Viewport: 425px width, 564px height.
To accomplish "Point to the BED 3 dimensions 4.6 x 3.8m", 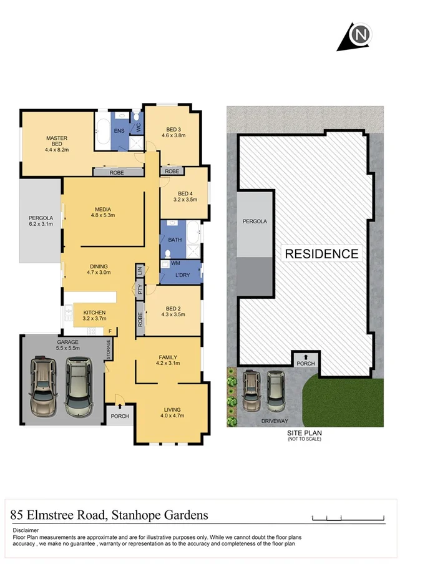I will click(174, 135).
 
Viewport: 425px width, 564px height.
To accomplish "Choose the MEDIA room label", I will click(103, 209).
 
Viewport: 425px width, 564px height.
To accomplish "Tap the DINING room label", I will click(99, 266).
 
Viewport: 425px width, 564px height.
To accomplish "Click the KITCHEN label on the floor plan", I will click(94, 313).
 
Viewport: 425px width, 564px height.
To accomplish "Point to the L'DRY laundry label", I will click(183, 275).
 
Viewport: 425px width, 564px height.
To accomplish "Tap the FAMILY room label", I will click(167, 357).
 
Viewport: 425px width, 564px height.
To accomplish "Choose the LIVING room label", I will click(172, 409).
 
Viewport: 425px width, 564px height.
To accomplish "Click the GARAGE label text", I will click(67, 342).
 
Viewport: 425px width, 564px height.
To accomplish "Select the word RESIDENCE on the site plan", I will click(321, 254).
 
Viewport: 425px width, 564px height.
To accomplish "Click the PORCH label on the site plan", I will click(306, 364).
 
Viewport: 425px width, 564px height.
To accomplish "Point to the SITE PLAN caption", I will click(305, 432).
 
